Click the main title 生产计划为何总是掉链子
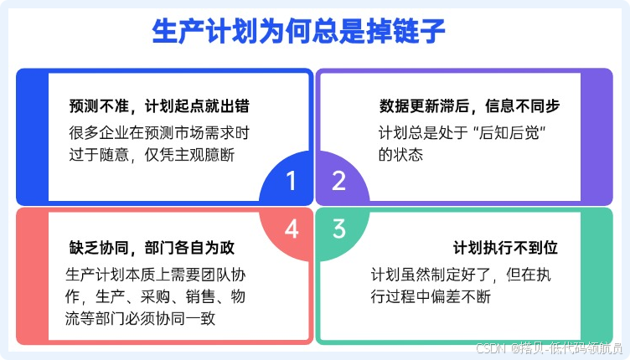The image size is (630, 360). pos(298,32)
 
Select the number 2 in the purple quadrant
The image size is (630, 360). pos(338,181)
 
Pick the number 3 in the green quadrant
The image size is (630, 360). pos(338,228)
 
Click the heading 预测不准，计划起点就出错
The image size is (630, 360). pos(158,107)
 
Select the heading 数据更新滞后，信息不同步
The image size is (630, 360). pos(468,107)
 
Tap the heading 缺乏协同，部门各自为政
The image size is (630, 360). pos(151,249)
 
